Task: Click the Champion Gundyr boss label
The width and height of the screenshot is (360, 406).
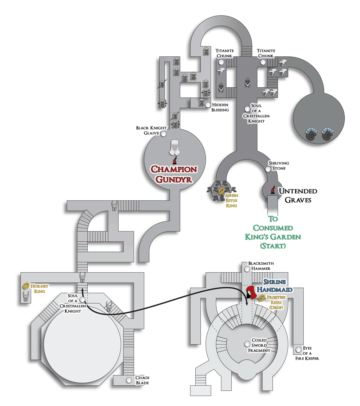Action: click(x=174, y=174)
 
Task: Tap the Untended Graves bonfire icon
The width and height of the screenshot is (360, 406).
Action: click(x=273, y=190)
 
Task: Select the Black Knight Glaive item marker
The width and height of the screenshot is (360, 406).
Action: click(x=163, y=134)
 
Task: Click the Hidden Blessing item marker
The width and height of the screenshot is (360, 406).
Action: click(x=208, y=105)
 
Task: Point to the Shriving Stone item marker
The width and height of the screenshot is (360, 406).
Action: click(x=268, y=169)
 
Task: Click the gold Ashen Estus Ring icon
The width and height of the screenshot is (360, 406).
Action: click(x=221, y=191)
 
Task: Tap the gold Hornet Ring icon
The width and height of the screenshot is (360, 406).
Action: click(x=26, y=286)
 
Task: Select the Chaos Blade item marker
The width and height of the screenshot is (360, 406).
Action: click(x=129, y=380)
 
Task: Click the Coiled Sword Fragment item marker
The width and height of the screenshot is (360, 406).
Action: click(x=247, y=344)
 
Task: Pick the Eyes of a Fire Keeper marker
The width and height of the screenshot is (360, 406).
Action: click(x=298, y=350)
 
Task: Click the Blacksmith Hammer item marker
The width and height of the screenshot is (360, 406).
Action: click(x=247, y=269)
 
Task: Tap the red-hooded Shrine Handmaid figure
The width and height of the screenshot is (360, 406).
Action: click(x=251, y=293)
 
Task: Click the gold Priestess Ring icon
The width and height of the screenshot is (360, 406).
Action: click(x=262, y=298)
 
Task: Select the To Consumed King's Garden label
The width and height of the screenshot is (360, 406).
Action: click(x=273, y=232)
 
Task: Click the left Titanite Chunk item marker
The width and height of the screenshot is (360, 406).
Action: click(x=221, y=62)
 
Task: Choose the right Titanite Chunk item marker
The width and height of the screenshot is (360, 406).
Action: click(x=263, y=62)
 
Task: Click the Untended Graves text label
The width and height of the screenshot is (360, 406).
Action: click(x=298, y=196)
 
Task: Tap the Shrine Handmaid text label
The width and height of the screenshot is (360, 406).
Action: click(x=274, y=286)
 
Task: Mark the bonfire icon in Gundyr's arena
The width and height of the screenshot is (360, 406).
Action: click(x=175, y=160)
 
